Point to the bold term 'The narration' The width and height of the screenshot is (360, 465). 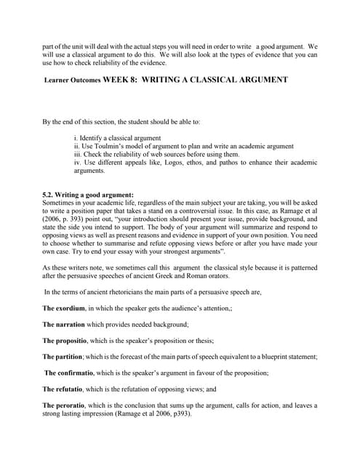tap(69, 324)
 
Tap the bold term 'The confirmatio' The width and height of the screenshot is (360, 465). tap(73, 372)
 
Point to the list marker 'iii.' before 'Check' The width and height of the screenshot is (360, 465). tap(79, 153)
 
